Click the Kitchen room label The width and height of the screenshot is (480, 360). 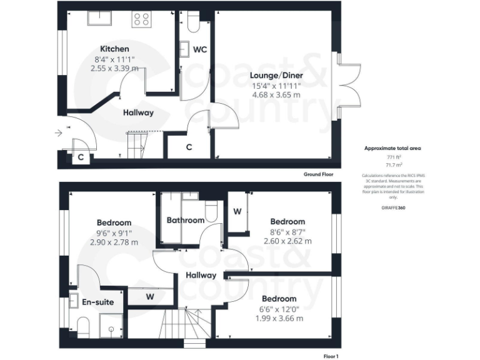pyautogui.click(x=114, y=49)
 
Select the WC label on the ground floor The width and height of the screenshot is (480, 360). pyautogui.click(x=200, y=49)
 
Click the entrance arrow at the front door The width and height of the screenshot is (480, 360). pyautogui.click(x=59, y=132)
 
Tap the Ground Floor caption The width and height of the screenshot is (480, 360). pyautogui.click(x=319, y=174)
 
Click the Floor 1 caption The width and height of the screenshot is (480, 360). pyautogui.click(x=331, y=356)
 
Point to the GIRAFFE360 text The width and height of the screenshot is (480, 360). pyautogui.click(x=393, y=207)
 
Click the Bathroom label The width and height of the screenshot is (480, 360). pyautogui.click(x=185, y=221)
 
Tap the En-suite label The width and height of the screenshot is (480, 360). pyautogui.click(x=98, y=302)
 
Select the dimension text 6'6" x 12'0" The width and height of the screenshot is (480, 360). pyautogui.click(x=279, y=309)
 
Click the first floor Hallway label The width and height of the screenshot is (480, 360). pyautogui.click(x=201, y=275)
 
